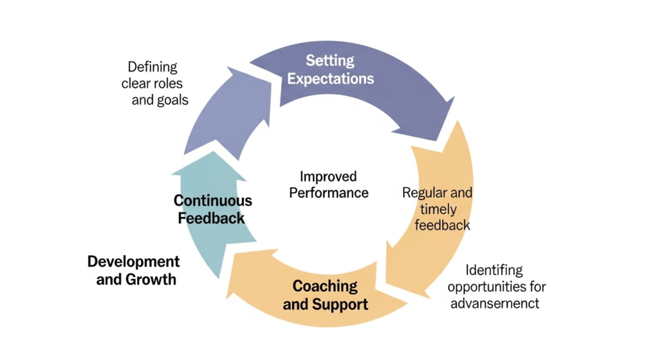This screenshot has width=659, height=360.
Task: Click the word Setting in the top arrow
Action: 329,61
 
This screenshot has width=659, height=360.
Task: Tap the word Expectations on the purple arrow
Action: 330,79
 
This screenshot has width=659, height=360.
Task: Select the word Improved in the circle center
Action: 328,176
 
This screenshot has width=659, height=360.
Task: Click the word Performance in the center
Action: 328,193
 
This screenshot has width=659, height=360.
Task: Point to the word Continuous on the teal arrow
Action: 212,201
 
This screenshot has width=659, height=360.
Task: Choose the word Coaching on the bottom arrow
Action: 325,285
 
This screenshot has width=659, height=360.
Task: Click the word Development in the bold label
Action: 133,261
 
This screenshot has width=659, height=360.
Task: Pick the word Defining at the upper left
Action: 153,67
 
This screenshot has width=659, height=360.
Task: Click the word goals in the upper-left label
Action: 172,100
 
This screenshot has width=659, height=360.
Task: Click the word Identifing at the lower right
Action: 494,270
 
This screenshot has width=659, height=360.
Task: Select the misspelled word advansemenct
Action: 494,303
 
